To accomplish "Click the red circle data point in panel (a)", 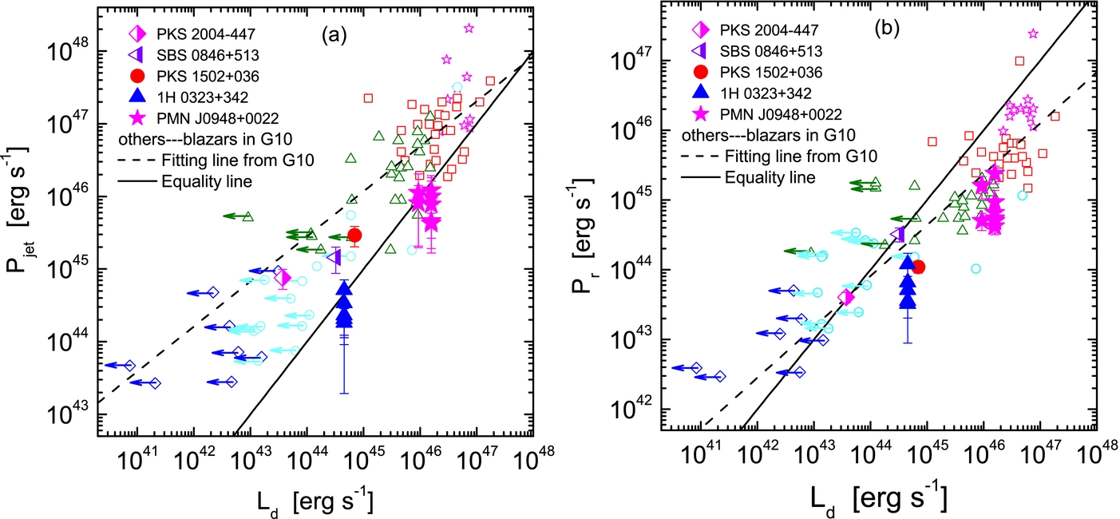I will point(354,235).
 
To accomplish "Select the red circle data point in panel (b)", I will point(918,267).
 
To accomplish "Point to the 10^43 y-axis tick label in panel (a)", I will point(66,414).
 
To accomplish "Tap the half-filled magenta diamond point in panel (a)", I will point(283,278).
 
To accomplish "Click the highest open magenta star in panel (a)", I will point(469,28).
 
